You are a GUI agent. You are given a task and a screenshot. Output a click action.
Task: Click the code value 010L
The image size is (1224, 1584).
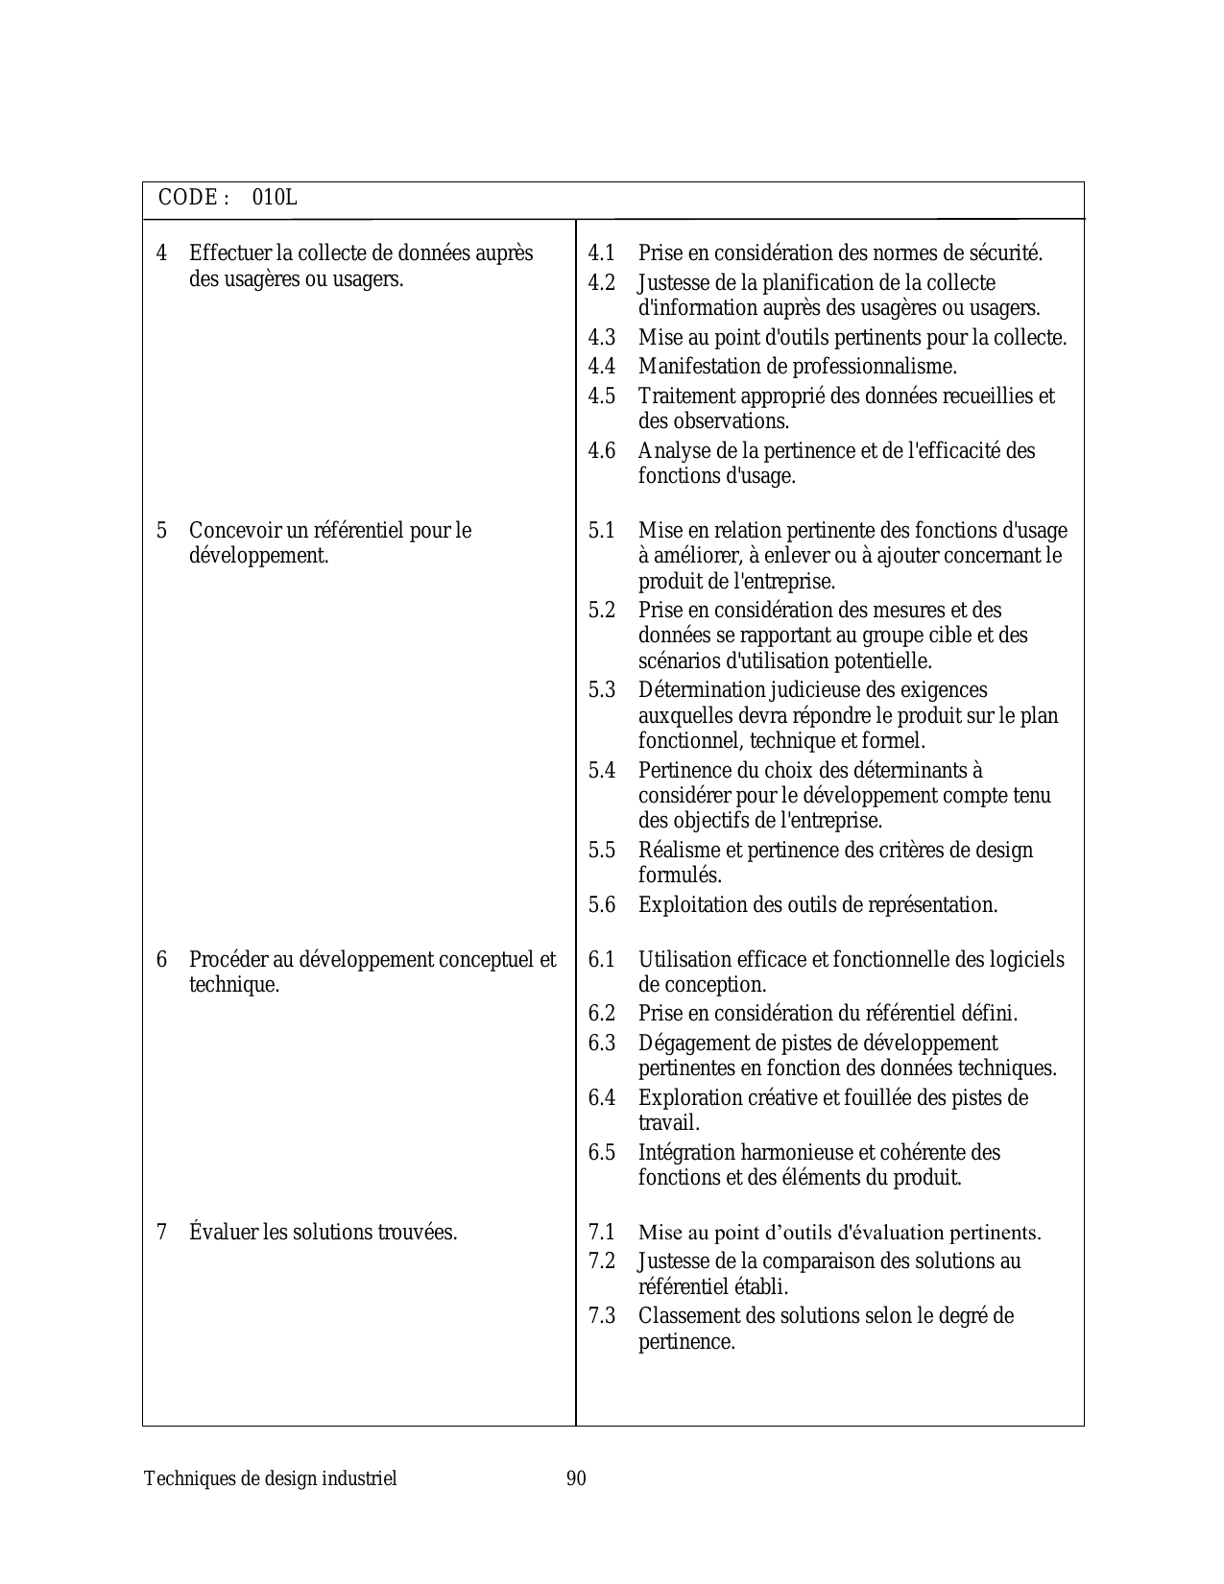pos(275,198)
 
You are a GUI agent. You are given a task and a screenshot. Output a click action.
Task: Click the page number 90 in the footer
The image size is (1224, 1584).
pos(576,1478)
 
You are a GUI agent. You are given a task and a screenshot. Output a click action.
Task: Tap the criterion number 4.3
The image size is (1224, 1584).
pos(602,338)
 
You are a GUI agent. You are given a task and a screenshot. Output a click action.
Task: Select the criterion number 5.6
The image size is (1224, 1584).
pos(602,904)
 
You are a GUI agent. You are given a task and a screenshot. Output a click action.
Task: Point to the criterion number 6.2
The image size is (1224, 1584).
pos(602,1014)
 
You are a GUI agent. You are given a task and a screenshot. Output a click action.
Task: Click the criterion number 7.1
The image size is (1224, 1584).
pos(602,1232)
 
